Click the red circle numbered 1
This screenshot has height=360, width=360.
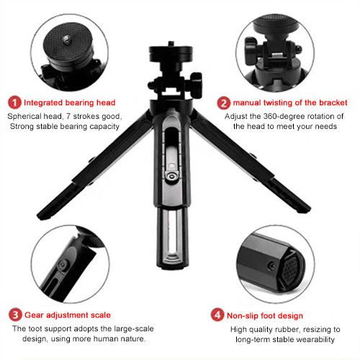(x=14, y=102)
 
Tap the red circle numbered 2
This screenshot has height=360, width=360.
(x=224, y=103)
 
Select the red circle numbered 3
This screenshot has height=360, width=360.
(x=15, y=315)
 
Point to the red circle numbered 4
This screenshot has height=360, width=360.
(x=217, y=315)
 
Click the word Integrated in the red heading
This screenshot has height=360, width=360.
(x=43, y=103)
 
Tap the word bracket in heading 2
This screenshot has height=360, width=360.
(x=333, y=103)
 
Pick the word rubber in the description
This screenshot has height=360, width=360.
(x=287, y=330)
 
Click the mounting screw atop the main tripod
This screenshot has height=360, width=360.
(x=171, y=44)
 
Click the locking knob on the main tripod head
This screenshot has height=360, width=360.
(x=197, y=84)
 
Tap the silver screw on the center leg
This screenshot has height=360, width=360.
(x=171, y=176)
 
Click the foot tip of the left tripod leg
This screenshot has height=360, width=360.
(x=45, y=215)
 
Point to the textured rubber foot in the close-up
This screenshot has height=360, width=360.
(x=291, y=270)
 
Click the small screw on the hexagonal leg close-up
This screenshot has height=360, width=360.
(x=271, y=265)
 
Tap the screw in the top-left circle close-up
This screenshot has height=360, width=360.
(x=66, y=39)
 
